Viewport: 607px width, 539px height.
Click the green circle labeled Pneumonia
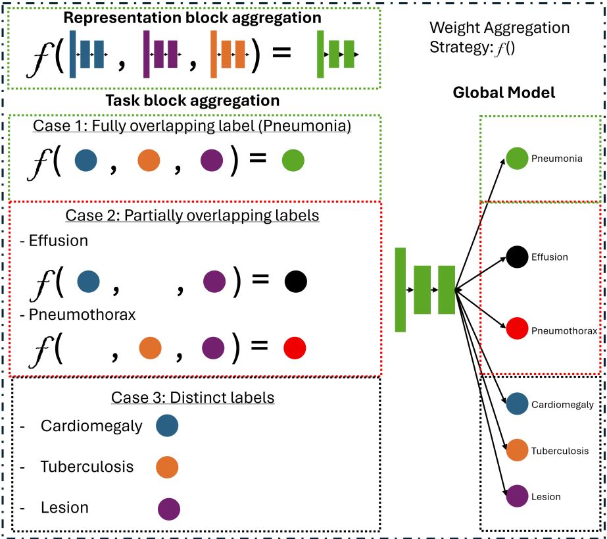tap(517, 159)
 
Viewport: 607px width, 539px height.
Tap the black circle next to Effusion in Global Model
tap(517, 257)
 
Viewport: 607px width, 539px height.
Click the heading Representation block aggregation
tap(193, 18)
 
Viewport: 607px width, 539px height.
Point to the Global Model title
tap(504, 93)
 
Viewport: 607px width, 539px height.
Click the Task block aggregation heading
tap(193, 101)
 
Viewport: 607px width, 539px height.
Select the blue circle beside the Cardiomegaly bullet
tap(167, 426)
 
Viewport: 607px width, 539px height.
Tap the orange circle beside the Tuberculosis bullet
tap(167, 467)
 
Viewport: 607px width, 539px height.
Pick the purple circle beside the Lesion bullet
tap(169, 509)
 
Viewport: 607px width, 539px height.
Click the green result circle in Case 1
tap(292, 161)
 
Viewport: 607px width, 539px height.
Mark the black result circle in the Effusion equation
tap(296, 281)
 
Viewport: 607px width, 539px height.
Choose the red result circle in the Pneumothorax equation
tap(295, 348)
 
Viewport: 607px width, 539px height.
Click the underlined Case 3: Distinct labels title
tap(193, 398)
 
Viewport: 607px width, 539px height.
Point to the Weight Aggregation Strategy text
tap(499, 38)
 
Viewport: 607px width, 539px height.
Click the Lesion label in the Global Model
tap(546, 497)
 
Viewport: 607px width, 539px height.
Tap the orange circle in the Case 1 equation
tap(149, 161)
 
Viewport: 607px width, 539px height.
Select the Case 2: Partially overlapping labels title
tap(192, 216)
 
